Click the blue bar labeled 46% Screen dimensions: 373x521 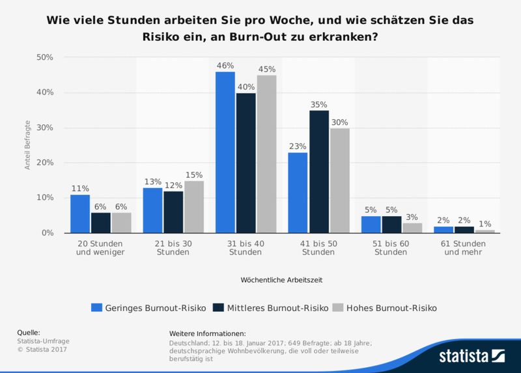225,152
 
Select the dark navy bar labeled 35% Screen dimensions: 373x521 319,172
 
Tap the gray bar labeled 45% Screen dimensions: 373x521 266,154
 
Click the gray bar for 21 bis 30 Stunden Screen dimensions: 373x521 193,207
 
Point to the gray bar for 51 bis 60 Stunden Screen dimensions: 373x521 412,228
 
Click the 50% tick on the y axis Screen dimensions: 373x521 44,57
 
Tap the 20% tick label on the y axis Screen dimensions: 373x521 44,163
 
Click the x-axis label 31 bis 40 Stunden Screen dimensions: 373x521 246,247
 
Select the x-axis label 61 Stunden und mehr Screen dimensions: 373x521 464,247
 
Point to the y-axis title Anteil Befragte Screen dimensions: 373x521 28,145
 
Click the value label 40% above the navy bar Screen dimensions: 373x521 246,87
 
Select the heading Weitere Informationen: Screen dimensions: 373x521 206,333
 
